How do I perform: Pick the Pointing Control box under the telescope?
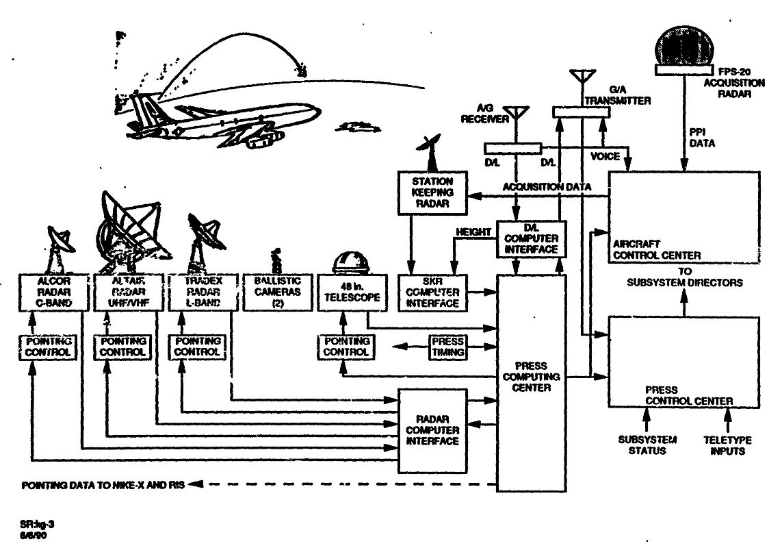point(346,346)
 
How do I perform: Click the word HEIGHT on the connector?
point(473,232)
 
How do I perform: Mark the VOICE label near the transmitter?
point(605,156)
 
